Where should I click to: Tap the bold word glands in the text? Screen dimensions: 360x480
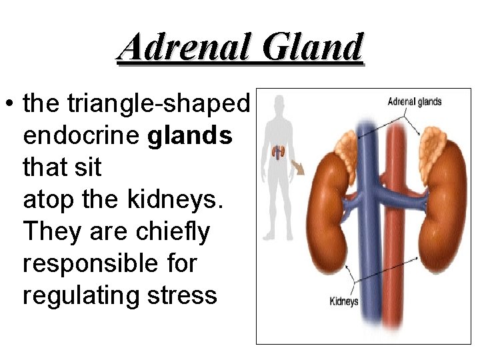[x=189, y=136]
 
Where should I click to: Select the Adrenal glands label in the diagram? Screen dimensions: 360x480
[x=414, y=102]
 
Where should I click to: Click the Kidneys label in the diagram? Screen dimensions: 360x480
[x=344, y=301]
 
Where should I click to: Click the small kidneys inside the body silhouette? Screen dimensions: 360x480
[x=279, y=154]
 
